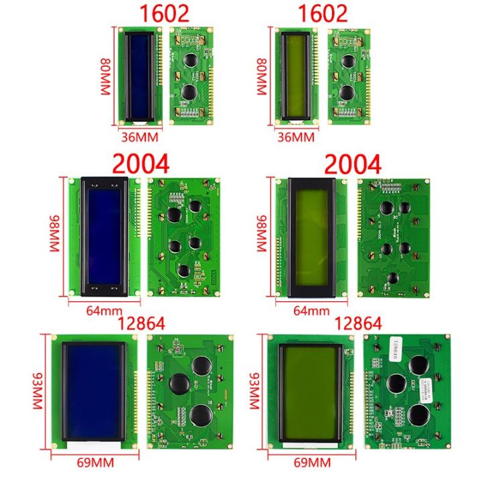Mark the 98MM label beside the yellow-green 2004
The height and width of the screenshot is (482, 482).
coord(262,234)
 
